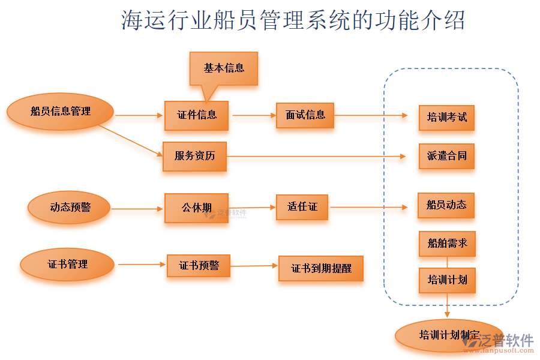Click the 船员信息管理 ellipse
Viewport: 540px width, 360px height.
point(60,112)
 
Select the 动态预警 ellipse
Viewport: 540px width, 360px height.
point(70,208)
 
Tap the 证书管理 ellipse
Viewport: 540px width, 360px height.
point(67,265)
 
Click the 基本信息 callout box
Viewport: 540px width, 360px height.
point(224,68)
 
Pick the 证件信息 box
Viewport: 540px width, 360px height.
point(197,115)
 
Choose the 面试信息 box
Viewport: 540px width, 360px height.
point(305,115)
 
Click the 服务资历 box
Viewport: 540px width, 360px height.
point(194,156)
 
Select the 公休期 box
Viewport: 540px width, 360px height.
point(196,208)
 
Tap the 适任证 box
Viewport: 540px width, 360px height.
point(302,207)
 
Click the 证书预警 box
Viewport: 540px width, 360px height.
point(199,265)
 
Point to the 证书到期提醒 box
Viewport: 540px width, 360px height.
point(321,269)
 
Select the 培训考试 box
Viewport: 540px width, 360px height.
point(446,117)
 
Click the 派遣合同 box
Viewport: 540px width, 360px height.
point(446,156)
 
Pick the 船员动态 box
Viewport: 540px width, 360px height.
point(446,205)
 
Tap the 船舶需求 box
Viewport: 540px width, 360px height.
point(447,244)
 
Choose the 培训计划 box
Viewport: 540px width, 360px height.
point(447,280)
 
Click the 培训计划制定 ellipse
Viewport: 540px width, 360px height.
point(449,335)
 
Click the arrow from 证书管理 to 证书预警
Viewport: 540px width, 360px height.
point(142,265)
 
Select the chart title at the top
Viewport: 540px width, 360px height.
point(293,20)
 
